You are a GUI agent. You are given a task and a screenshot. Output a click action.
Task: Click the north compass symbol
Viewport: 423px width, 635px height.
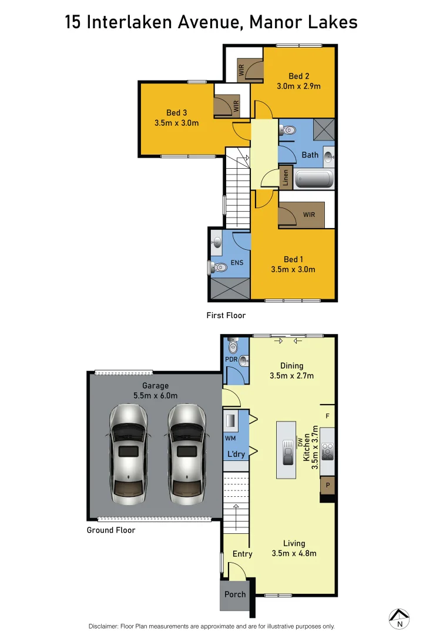pyautogui.click(x=399, y=617)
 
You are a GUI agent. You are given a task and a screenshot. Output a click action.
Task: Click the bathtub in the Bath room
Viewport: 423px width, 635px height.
pyautogui.click(x=314, y=179)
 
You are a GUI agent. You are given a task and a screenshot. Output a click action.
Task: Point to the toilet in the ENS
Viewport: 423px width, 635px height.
pyautogui.click(x=219, y=268)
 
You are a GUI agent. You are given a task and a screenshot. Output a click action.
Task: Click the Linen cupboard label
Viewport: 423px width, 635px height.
pyautogui.click(x=286, y=177)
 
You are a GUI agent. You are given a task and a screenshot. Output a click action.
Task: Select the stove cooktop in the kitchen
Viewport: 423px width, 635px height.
pyautogui.click(x=328, y=451)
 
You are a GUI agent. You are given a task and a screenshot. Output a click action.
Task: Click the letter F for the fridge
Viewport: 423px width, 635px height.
pyautogui.click(x=328, y=416)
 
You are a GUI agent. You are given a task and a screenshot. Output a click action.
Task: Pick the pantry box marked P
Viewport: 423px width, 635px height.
pyautogui.click(x=328, y=486)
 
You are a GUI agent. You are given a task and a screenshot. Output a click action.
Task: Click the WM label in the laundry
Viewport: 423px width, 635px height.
pyautogui.click(x=230, y=438)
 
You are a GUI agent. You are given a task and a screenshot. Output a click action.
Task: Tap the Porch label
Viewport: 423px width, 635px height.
pyautogui.click(x=235, y=594)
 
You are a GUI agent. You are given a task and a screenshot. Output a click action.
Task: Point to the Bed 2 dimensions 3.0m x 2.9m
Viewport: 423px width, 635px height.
pyautogui.click(x=298, y=86)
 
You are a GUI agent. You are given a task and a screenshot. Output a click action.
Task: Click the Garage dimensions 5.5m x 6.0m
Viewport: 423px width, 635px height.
pyautogui.click(x=155, y=396)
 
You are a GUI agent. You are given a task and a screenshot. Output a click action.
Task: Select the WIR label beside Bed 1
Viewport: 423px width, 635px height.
pyautogui.click(x=309, y=215)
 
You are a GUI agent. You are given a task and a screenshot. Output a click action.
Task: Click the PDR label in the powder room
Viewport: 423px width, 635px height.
pyautogui.click(x=230, y=359)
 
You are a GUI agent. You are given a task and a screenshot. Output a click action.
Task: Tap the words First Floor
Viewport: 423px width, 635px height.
pyautogui.click(x=226, y=316)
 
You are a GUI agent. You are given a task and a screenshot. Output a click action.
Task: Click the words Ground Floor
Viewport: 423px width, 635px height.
pyautogui.click(x=111, y=530)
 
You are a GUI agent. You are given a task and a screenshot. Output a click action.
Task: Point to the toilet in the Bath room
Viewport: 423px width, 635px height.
pyautogui.click(x=287, y=132)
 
